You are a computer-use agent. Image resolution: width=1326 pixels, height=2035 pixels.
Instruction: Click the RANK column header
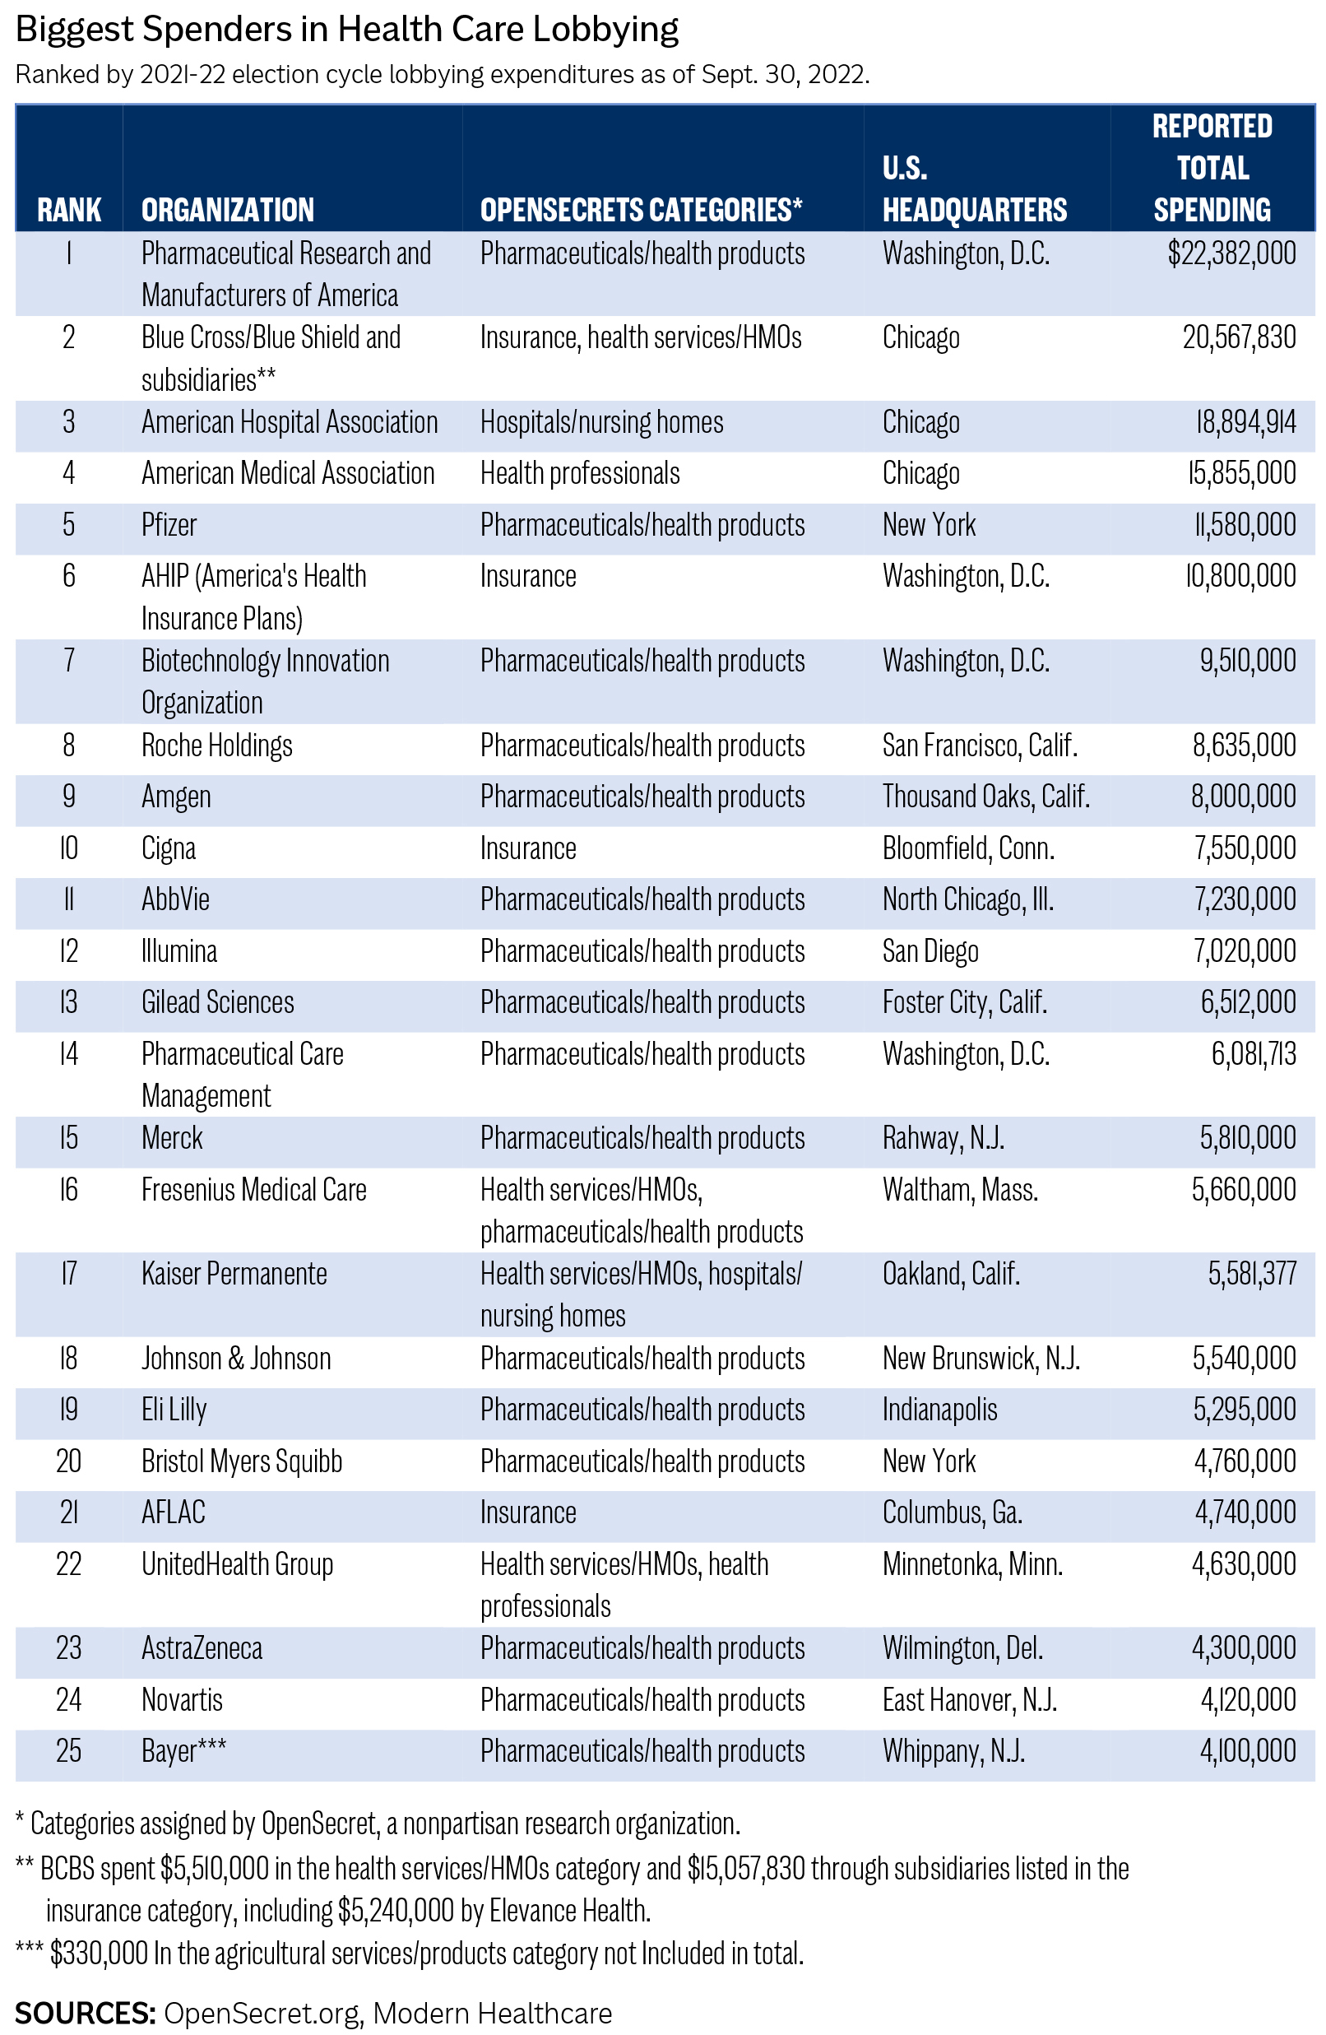[x=69, y=210]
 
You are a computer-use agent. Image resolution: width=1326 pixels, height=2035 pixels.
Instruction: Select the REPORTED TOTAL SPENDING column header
[x=1212, y=168]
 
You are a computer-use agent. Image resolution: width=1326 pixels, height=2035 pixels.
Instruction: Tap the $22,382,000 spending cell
[x=1231, y=254]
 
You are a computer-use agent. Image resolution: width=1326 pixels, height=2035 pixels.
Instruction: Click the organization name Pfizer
[x=169, y=525]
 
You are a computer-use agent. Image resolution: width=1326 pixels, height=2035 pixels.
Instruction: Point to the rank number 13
[x=68, y=1002]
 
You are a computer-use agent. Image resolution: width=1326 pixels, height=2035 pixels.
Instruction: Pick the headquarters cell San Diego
[x=930, y=950]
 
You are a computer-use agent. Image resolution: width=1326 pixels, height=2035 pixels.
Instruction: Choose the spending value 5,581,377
[x=1252, y=1274]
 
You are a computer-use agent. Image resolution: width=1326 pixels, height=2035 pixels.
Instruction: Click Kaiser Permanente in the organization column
[x=234, y=1274]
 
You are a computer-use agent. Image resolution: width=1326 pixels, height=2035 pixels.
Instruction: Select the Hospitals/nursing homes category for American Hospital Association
[x=601, y=422]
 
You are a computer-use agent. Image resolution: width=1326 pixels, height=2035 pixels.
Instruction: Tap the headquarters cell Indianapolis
[x=939, y=1410]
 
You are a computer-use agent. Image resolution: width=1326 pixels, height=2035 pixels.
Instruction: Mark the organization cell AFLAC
[x=174, y=1512]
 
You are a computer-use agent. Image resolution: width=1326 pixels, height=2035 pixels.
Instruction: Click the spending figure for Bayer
[x=1247, y=1751]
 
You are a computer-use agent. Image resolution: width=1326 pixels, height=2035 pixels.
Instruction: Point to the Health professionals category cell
[x=580, y=474]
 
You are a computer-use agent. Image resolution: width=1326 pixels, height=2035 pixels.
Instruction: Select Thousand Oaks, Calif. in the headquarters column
[x=985, y=797]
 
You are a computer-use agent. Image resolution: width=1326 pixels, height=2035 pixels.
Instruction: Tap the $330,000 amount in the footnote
[x=100, y=1954]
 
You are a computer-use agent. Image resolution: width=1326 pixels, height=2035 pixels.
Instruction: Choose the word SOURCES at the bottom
[x=84, y=2014]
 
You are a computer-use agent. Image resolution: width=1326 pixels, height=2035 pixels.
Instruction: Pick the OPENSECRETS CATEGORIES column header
[x=641, y=210]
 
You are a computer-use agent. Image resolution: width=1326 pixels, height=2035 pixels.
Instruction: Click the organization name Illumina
[x=178, y=950]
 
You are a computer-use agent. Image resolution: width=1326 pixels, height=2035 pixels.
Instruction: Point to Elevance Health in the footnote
[x=569, y=1911]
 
